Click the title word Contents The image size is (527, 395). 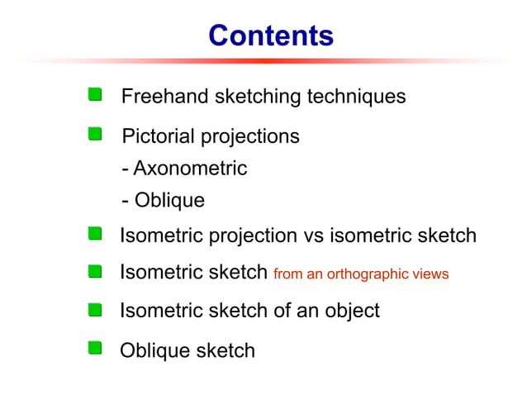270,36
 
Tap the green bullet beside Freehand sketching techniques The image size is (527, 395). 96,94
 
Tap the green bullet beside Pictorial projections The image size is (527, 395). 96,134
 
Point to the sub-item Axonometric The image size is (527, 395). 189,169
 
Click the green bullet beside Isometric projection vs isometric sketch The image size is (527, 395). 96,235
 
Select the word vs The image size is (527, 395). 314,236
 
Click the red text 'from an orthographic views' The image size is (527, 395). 360,274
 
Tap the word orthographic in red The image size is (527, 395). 376,274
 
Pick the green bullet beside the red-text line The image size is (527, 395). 96,270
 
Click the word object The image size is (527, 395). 349,311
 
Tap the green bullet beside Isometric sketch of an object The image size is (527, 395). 96,310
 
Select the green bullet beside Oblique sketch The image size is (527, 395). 96,348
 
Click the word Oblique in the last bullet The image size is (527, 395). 154,350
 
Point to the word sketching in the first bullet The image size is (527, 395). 258,97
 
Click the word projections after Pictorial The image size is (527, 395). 246,136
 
